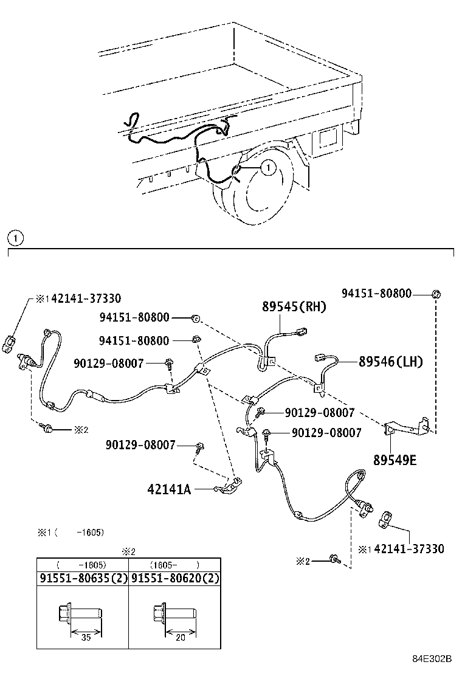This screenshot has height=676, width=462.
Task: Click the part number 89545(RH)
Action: (294, 307)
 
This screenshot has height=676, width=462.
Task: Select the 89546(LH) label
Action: (390, 362)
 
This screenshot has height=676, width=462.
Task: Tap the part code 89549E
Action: (395, 460)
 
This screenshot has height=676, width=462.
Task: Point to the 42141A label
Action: (169, 488)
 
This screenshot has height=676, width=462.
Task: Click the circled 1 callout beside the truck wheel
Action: (268, 165)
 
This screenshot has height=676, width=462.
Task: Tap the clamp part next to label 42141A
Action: (229, 485)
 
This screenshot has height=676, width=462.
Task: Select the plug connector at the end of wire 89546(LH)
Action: (322, 358)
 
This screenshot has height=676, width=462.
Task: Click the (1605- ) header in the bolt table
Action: (174, 564)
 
